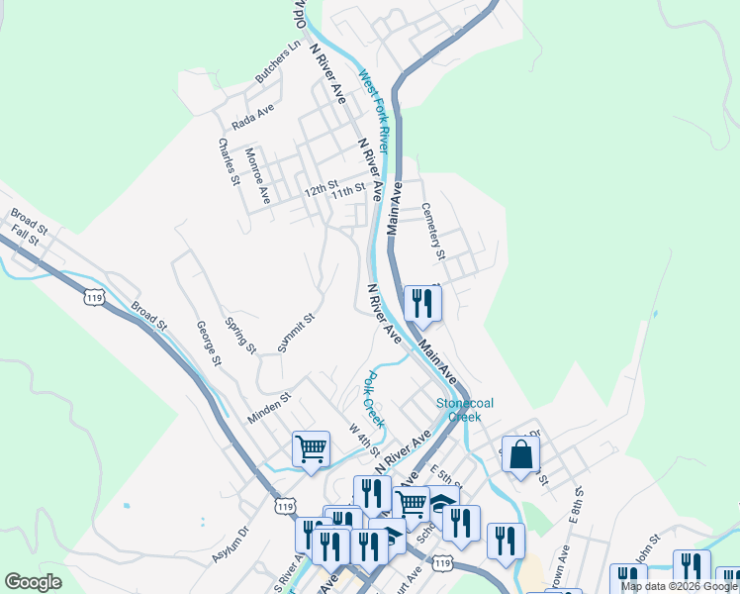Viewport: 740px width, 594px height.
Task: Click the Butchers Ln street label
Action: tap(277, 62)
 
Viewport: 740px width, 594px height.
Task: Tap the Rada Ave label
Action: tap(252, 118)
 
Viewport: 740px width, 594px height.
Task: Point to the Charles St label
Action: tap(229, 161)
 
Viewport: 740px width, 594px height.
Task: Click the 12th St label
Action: tap(321, 187)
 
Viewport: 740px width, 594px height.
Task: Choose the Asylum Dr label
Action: tap(231, 544)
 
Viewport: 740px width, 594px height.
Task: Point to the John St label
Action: tap(646, 546)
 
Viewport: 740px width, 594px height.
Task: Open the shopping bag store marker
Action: tap(521, 454)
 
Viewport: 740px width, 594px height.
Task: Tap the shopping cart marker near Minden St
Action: tap(312, 449)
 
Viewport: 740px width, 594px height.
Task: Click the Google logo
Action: tap(34, 582)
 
